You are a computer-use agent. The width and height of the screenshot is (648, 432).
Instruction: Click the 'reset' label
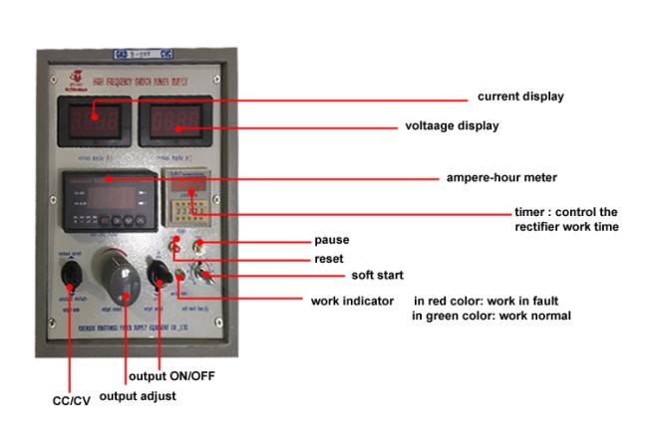pos(328,258)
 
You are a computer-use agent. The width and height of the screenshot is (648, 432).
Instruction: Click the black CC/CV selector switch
pos(70,273)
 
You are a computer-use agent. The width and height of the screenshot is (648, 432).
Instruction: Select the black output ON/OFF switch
pos(157,273)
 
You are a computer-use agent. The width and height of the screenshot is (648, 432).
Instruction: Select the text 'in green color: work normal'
pos(491,316)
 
